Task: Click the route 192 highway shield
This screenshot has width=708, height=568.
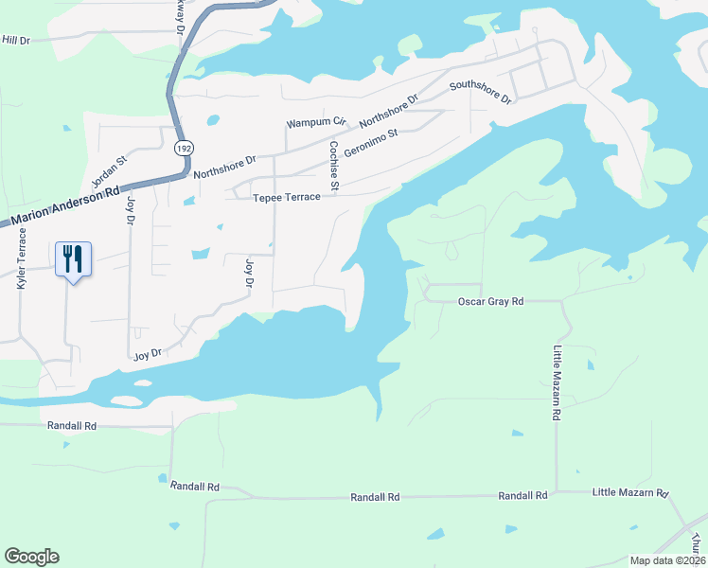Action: coord(182,148)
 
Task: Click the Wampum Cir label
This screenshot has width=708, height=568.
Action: coord(317,124)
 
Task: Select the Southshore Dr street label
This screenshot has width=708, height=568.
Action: coord(480,92)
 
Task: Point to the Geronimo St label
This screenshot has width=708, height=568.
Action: coord(370,145)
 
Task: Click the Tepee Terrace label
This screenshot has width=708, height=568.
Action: coord(281,198)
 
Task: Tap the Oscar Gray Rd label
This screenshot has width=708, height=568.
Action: coord(491,302)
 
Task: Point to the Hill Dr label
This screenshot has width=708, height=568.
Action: coord(17,40)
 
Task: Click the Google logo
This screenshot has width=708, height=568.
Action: coord(31,557)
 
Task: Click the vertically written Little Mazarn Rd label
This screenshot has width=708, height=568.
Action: coord(558,383)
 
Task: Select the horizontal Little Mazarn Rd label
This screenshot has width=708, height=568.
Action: coord(630,493)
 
